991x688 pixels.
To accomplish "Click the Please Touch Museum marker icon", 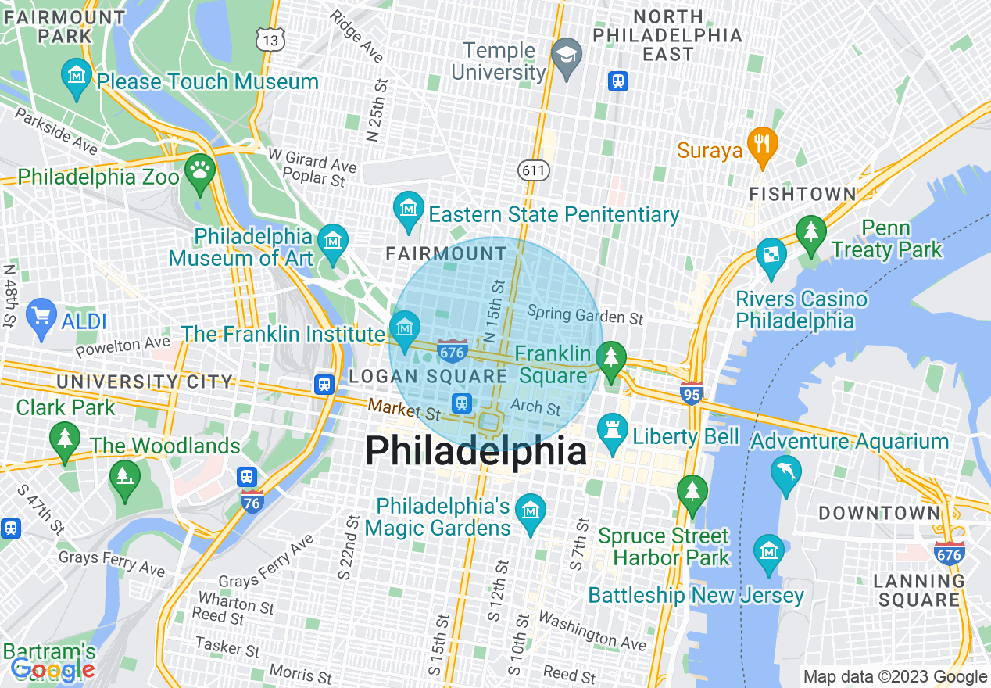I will click(x=76, y=77).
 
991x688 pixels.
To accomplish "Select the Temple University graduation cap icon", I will click(x=566, y=54).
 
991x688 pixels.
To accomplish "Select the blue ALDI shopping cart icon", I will click(x=41, y=317).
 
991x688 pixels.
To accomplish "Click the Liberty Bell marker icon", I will click(x=611, y=431).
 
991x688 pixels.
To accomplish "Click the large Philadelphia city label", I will click(x=476, y=452).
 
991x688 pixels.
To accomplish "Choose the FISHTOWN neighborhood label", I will click(x=802, y=194).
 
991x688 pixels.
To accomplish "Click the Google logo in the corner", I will click(x=52, y=670).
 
